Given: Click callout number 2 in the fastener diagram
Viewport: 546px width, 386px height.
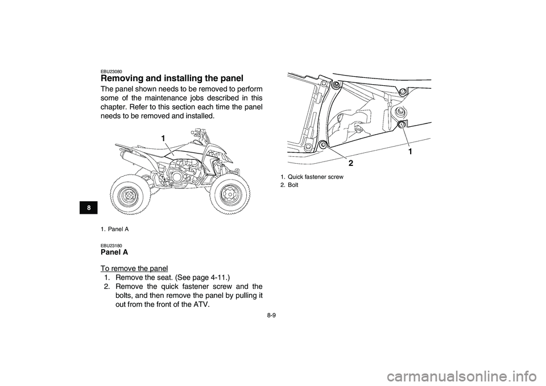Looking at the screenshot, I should [350, 163].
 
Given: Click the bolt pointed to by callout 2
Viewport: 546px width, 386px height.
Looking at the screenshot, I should [324, 144].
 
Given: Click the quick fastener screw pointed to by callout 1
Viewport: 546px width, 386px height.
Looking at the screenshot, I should [402, 124].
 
